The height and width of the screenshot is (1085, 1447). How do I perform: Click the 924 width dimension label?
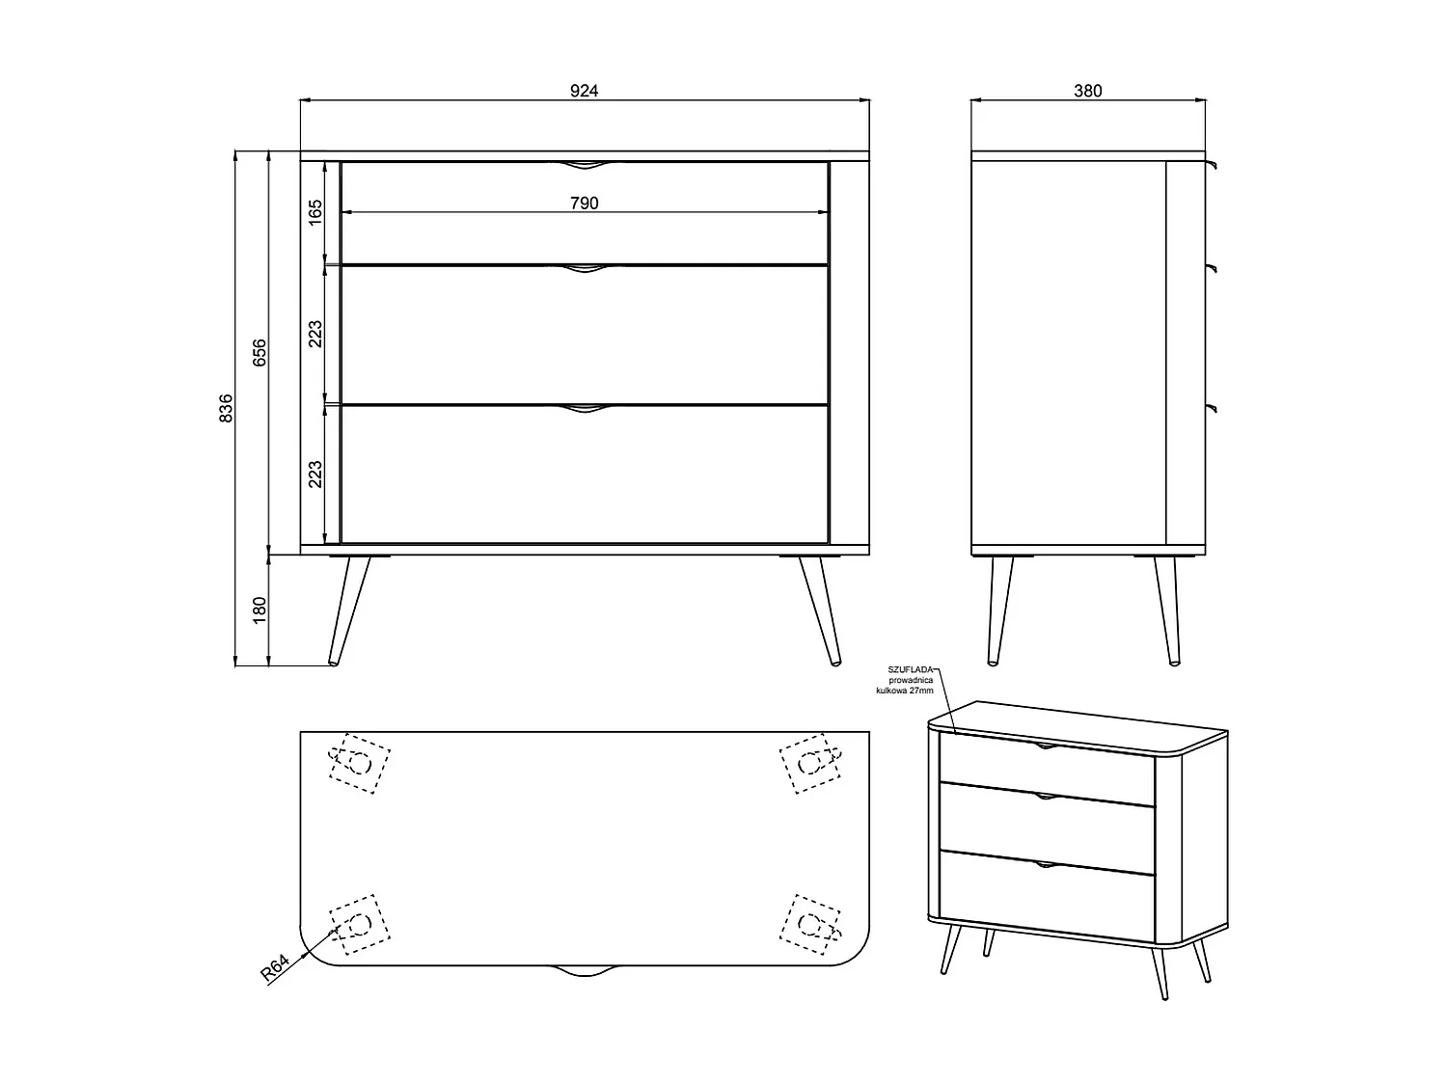(585, 91)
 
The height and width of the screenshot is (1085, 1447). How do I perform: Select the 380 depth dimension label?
(1087, 91)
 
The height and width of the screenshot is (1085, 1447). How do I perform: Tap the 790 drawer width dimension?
(585, 203)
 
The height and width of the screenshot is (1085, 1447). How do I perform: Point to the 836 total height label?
(227, 408)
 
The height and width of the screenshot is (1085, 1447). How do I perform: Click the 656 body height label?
(259, 353)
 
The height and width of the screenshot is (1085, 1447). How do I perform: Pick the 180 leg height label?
(259, 610)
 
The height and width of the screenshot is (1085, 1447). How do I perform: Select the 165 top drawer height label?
(316, 212)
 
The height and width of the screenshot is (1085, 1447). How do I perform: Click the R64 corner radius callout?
(275, 967)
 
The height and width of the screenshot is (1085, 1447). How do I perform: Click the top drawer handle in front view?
(585, 165)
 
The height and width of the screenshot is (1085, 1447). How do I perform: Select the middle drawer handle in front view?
(585, 269)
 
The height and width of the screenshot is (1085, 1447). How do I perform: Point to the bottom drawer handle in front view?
(585, 411)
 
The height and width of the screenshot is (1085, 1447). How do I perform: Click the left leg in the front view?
(348, 610)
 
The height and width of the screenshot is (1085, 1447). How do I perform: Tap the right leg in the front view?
(819, 610)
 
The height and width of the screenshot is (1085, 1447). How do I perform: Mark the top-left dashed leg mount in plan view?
(359, 763)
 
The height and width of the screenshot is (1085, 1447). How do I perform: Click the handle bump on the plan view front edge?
(585, 970)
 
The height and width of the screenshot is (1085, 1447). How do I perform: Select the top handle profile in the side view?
(1212, 166)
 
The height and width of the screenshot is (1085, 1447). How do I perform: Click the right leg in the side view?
(1167, 610)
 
